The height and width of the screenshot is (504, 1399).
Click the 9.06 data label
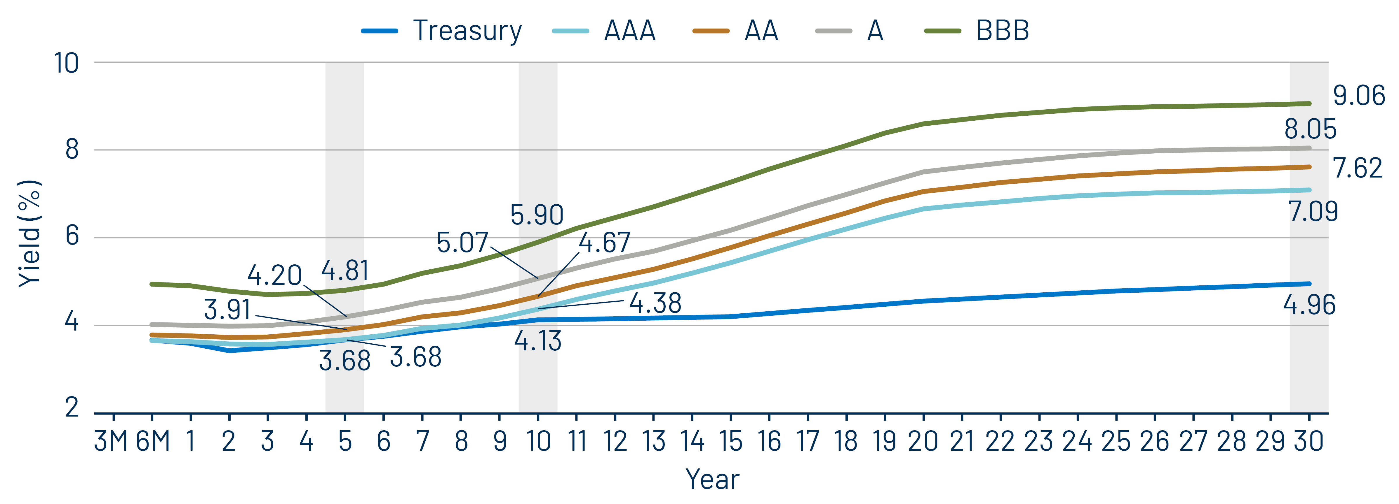1359,96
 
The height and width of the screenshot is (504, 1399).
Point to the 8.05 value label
1310,129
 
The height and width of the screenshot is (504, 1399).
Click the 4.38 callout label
655,303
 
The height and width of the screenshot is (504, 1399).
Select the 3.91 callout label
227,310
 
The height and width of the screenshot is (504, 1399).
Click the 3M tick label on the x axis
111,441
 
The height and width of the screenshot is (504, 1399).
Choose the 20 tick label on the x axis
923,441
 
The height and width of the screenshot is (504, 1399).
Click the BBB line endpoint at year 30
1309,103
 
